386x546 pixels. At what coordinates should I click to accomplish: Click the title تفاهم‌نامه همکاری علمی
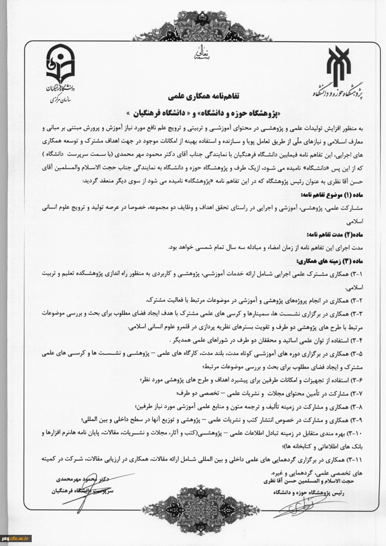[194, 94]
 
